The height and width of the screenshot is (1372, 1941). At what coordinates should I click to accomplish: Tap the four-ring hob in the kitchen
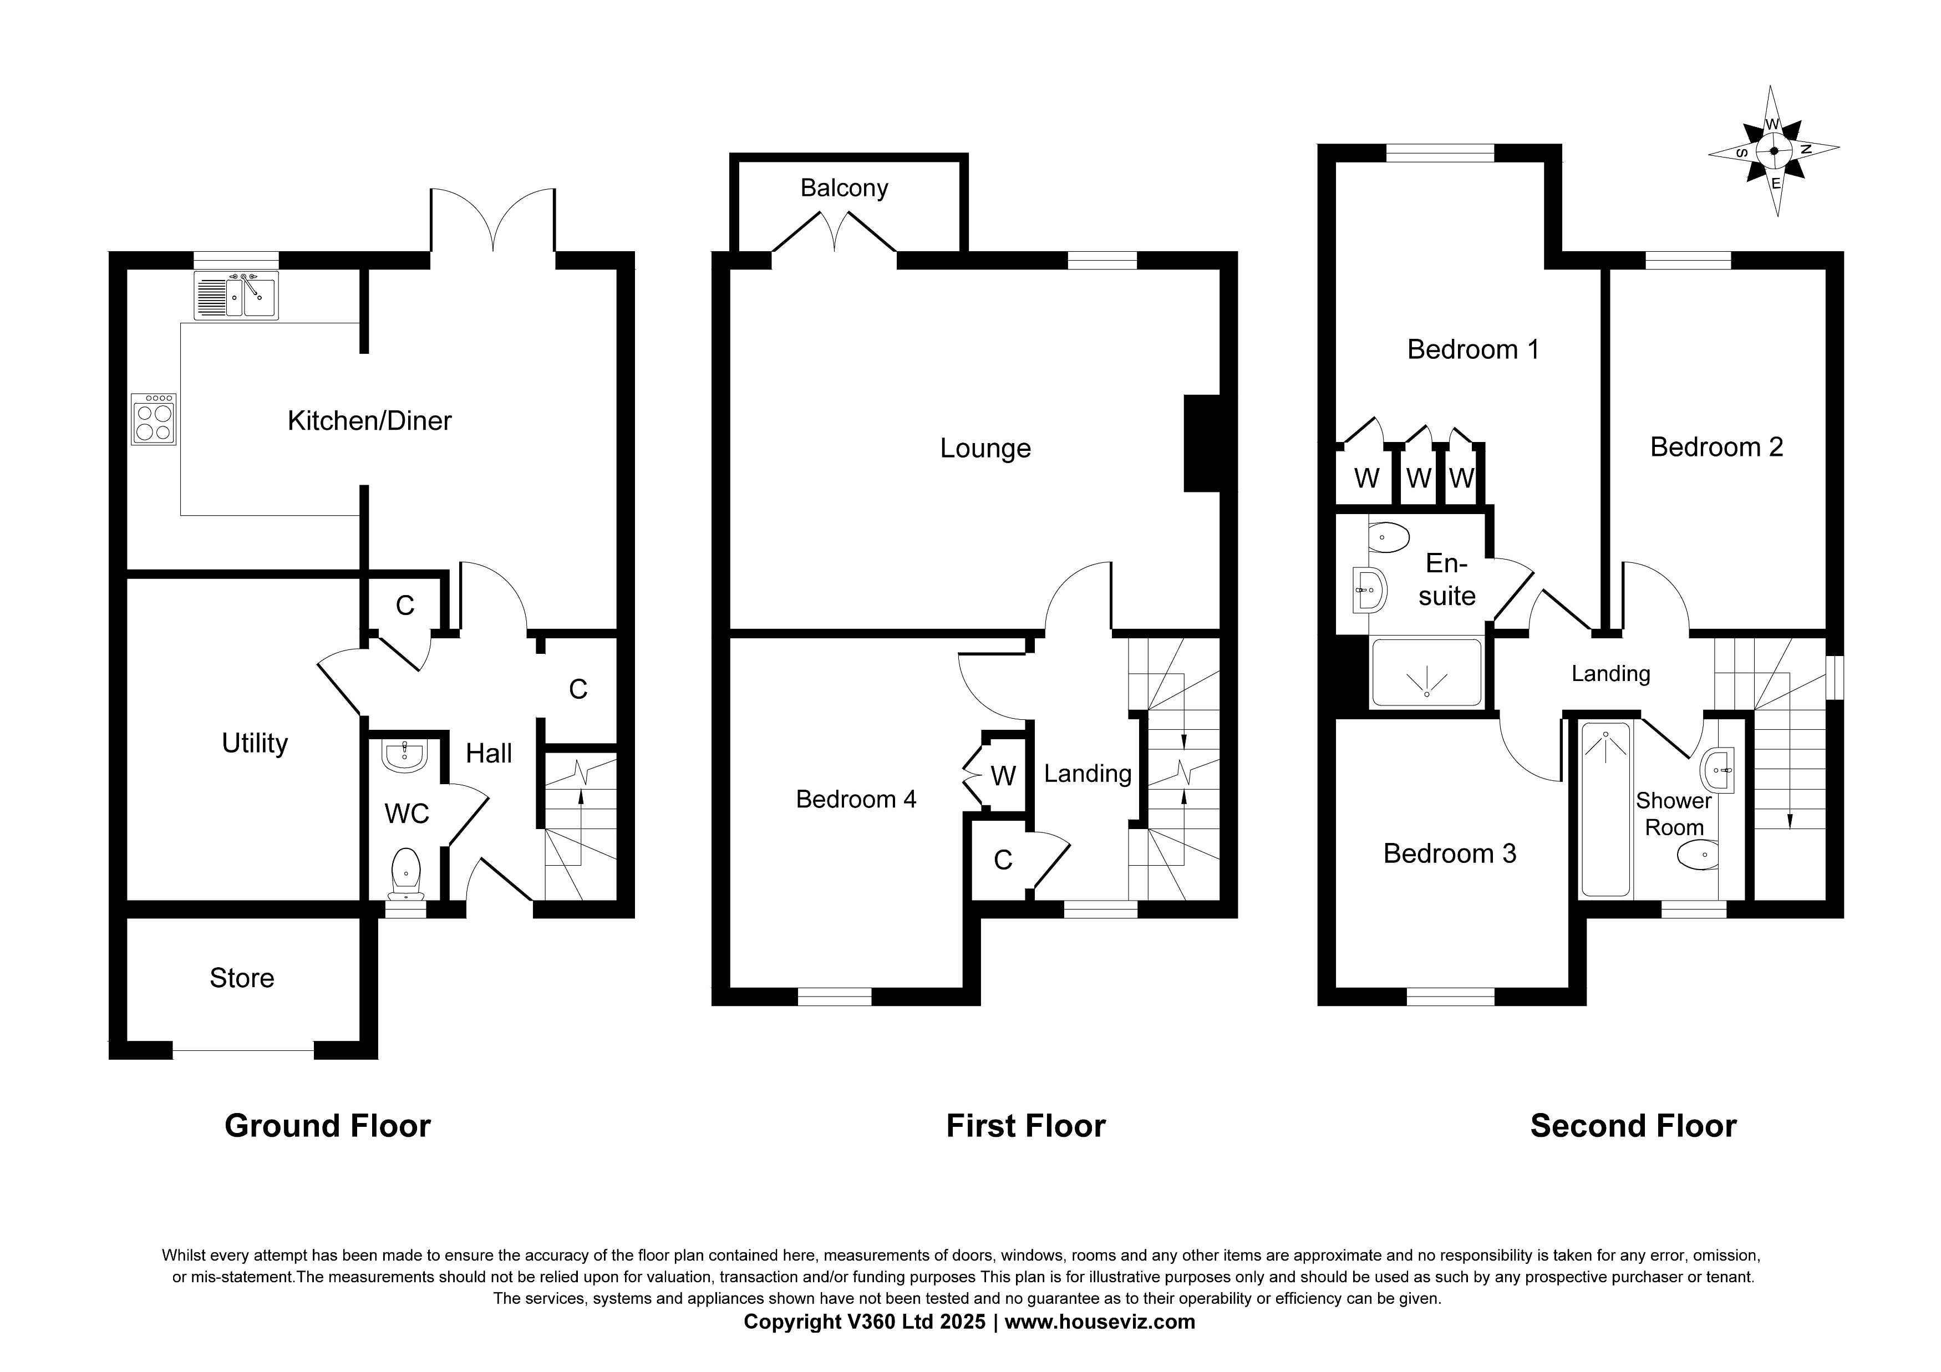click(x=154, y=419)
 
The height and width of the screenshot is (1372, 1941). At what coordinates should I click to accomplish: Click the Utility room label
click(x=255, y=743)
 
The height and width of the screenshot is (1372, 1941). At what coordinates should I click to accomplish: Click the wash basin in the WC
click(x=405, y=755)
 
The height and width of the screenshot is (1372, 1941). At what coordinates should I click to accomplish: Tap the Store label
click(x=242, y=978)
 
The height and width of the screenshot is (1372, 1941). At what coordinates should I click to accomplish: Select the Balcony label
click(x=844, y=187)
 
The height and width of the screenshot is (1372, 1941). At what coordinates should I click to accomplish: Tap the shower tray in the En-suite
click(x=1426, y=673)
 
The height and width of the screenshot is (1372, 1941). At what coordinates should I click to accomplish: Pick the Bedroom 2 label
click(x=1716, y=446)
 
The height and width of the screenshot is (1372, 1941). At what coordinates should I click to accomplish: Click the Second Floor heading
click(x=1633, y=1126)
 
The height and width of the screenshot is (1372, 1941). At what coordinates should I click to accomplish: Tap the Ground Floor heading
click(x=327, y=1126)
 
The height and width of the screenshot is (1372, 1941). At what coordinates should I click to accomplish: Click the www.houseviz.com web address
click(x=1099, y=1322)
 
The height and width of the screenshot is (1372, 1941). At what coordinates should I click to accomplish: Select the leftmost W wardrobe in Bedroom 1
click(x=1366, y=477)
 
